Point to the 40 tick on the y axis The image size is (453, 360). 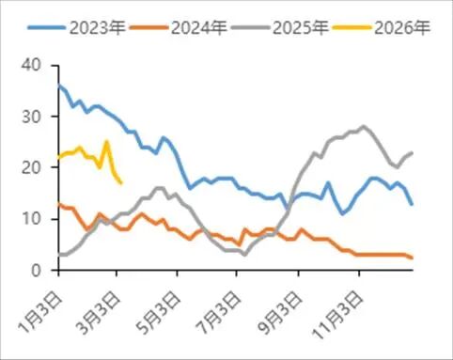(x=34, y=65)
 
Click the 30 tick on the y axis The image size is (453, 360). (x=34, y=117)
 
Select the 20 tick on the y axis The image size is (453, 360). (x=34, y=167)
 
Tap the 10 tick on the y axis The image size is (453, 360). (x=34, y=219)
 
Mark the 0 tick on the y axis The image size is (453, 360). (x=39, y=271)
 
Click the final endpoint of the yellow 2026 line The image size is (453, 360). (x=120, y=183)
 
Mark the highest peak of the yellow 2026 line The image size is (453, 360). (x=107, y=142)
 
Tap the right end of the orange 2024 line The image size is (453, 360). (x=413, y=258)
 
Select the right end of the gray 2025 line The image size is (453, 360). (x=413, y=152)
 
